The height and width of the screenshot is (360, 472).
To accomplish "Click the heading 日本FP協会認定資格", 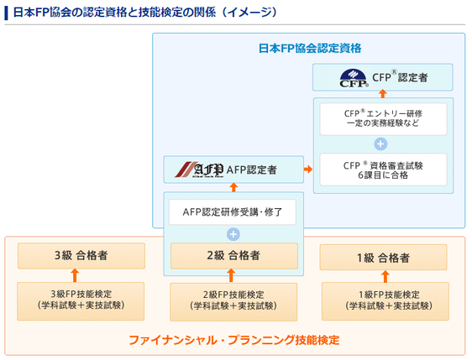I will (x=309, y=49).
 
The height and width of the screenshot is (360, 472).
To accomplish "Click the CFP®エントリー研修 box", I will (x=382, y=117).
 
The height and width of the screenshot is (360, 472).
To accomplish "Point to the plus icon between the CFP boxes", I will (x=382, y=143).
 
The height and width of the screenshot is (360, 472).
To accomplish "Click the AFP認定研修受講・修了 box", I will (x=233, y=211).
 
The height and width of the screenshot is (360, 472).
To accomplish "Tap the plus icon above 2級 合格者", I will (x=233, y=234).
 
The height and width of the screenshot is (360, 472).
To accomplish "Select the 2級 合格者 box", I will (x=233, y=255).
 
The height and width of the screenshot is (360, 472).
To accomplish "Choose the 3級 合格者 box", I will (x=75, y=255).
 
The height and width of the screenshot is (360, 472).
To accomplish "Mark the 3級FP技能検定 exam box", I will (x=75, y=300).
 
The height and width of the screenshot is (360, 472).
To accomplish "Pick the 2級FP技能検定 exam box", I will (x=233, y=300).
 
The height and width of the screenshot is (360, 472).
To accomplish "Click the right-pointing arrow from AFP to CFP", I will (x=307, y=170).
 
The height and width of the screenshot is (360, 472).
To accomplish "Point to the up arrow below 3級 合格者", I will (x=75, y=274).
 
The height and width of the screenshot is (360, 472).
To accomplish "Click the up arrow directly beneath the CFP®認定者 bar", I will (x=382, y=95).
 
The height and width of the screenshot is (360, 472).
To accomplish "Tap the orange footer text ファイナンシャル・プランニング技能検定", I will (x=233, y=340).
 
